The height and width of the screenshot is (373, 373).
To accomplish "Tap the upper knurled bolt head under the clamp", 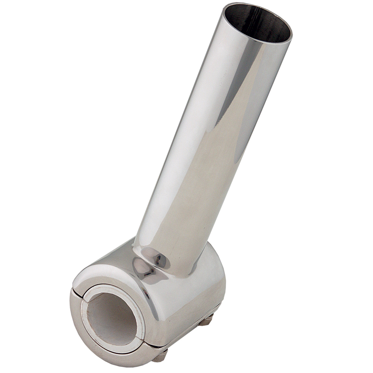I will click(x=206, y=320).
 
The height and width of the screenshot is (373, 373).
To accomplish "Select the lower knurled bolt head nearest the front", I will click(x=160, y=355).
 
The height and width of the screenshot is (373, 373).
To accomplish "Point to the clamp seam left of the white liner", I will click(x=75, y=289).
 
